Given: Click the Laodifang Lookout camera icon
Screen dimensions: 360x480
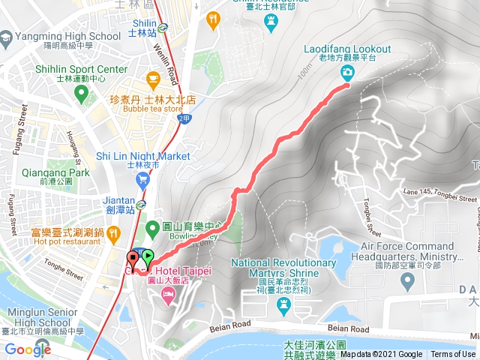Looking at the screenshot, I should coord(348,73).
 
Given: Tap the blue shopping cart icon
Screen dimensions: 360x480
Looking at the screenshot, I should coord(142,179).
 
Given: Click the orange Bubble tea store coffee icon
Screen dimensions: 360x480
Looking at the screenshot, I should coord(154,78).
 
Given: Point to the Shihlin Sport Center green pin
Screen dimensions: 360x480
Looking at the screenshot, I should coord(82,94).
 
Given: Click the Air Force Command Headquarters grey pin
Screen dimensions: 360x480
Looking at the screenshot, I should coord(408,281).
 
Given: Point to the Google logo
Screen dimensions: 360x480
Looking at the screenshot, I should coord(28,349).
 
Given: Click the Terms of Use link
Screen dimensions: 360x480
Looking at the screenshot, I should coord(453,355).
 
